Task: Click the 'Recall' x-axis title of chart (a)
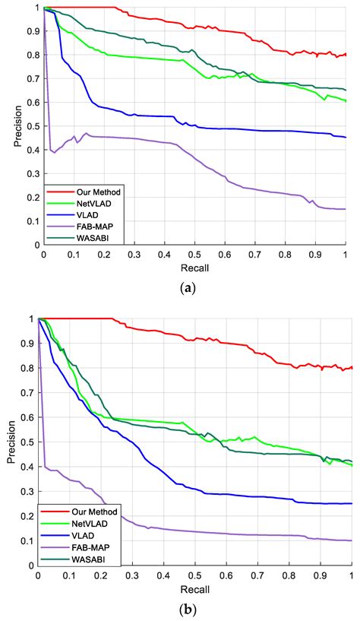coord(194,268)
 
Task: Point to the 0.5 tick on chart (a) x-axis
coord(194,255)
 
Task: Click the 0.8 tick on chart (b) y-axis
coord(28,368)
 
